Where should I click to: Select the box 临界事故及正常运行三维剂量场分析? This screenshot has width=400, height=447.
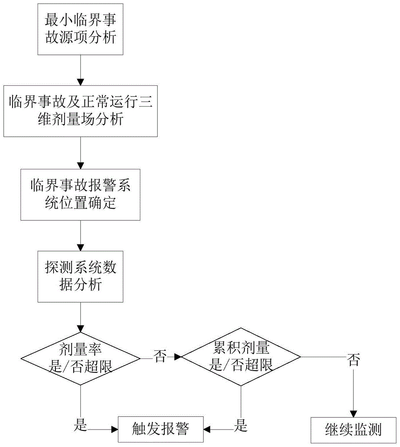tap(80, 111)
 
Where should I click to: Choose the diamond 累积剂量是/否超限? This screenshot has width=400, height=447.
tap(241, 357)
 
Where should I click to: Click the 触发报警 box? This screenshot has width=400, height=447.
tap(160, 428)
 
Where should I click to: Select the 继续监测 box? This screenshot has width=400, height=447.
tap(353, 429)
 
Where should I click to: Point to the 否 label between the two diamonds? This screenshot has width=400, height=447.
tap(160, 357)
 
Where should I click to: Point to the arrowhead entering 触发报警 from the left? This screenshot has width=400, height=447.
tap(114, 429)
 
